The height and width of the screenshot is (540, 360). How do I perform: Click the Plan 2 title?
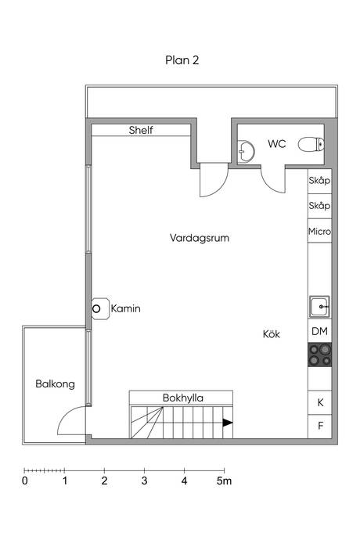182,60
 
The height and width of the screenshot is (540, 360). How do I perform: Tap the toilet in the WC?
311,144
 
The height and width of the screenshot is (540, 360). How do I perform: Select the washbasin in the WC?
246,151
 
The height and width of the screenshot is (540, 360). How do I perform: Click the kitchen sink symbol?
319,307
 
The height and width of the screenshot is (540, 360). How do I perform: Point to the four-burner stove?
319,355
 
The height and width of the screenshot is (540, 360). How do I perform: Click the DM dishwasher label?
319,331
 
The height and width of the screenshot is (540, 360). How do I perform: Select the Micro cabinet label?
319,232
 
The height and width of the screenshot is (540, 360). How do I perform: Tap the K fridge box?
319,402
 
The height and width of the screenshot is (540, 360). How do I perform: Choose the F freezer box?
319,427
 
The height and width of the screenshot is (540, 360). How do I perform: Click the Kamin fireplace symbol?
100,308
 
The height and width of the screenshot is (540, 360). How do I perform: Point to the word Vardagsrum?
200,238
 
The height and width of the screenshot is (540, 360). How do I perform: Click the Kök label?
272,333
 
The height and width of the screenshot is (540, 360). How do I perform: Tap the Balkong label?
55,384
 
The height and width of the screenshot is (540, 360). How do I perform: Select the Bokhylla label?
183,398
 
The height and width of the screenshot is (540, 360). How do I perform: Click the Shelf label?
141,130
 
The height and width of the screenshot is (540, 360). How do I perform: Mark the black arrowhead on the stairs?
228,423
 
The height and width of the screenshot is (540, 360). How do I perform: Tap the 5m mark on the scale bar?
224,481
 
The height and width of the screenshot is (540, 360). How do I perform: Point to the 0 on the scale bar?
25,481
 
